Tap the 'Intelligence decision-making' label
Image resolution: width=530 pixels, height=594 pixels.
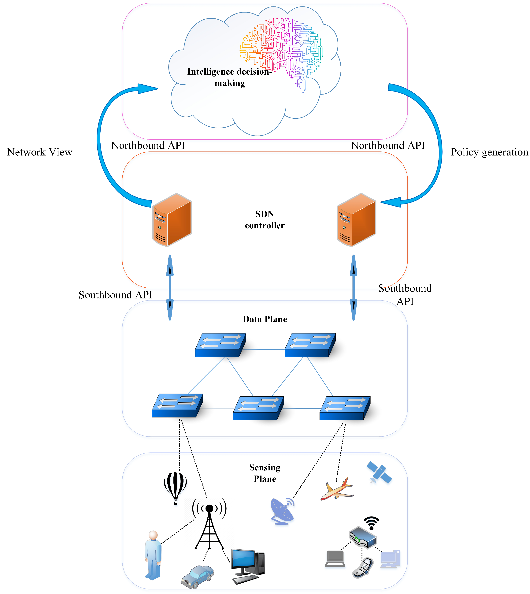[229, 77]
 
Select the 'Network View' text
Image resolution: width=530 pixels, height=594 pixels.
[40, 152]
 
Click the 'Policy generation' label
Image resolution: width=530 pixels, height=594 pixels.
[489, 152]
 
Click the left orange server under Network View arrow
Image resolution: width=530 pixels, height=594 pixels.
[172, 220]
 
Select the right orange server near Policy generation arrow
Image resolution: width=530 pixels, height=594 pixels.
[356, 220]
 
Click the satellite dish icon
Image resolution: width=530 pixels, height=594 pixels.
[282, 511]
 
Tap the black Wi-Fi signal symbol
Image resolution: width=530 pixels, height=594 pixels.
[371, 523]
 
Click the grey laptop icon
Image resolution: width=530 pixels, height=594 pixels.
[335, 559]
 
